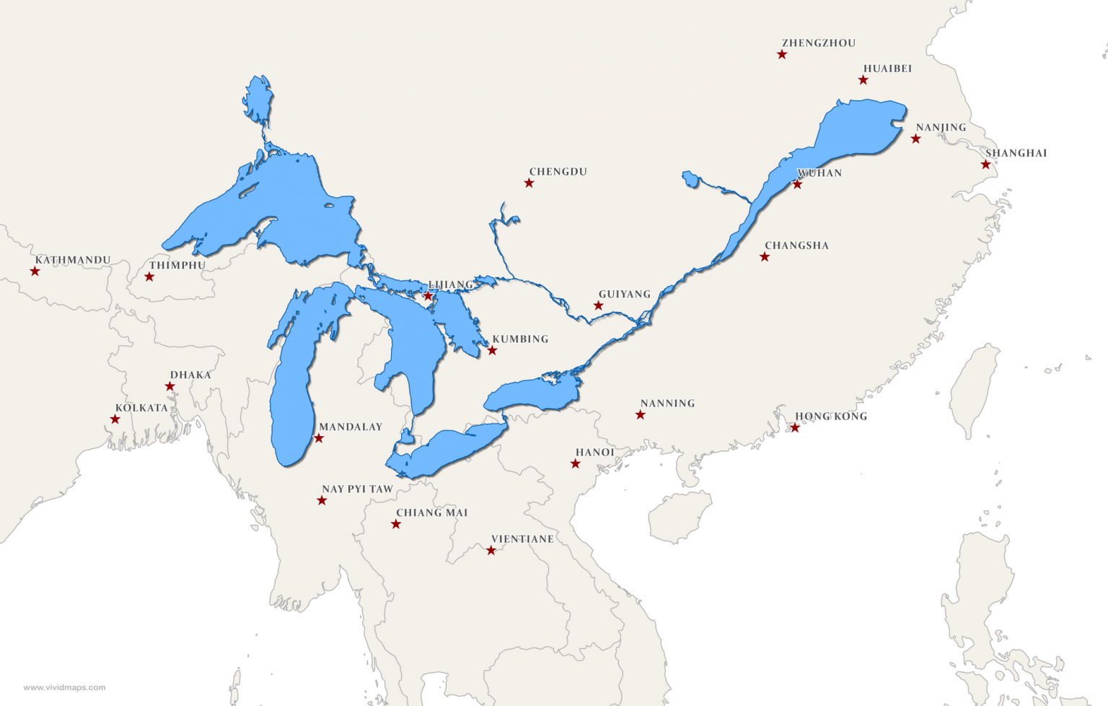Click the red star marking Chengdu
pos(529,183)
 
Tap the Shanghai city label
pos(1016,153)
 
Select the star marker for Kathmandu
pos(35,271)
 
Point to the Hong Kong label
pos(831,417)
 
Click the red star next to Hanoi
pos(575,464)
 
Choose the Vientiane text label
pos(522,539)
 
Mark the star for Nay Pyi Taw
pos(322,501)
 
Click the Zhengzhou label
pos(819,43)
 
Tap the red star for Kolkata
pos(115,419)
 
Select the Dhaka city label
pos(190,375)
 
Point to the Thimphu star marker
pos(149,277)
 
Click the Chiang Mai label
pos(431,513)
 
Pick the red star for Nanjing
pos(915,139)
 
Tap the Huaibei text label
pos(887,69)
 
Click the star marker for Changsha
pos(765,257)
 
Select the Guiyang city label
pos(625,295)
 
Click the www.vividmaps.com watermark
pos(64,687)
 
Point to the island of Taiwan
pos(974,390)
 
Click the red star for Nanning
pos(640,415)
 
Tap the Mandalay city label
pos(351,427)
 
